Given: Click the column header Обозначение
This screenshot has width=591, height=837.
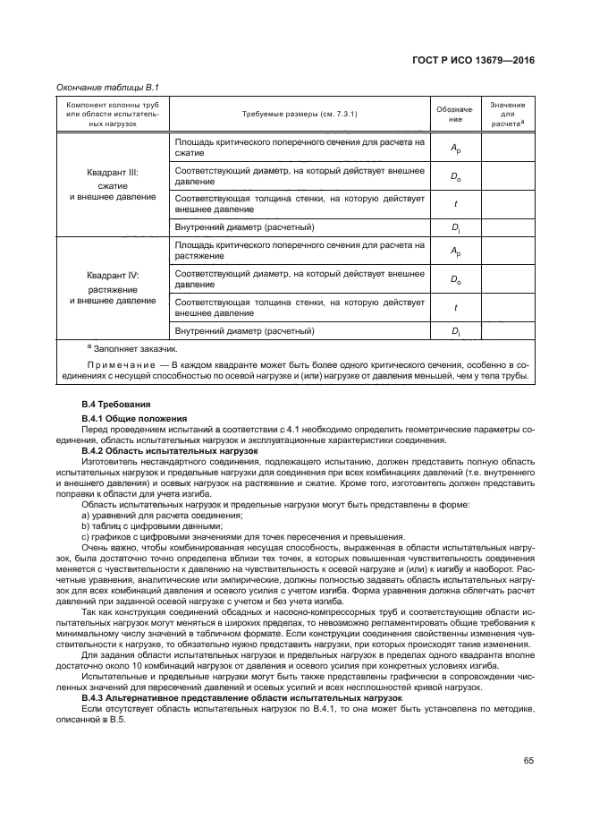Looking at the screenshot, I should coord(455,114).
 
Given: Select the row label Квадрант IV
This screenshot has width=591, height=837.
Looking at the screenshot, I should coord(113,276).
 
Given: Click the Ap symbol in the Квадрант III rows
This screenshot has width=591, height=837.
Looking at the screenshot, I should coord(455,148).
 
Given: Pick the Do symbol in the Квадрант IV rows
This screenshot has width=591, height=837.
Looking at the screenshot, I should coord(455,279).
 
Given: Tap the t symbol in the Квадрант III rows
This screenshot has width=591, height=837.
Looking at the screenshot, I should coord(455,203).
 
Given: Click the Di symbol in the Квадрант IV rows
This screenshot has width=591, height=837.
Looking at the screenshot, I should coord(455,331).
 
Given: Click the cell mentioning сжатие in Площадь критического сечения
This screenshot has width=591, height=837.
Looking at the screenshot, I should coord(299,148).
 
